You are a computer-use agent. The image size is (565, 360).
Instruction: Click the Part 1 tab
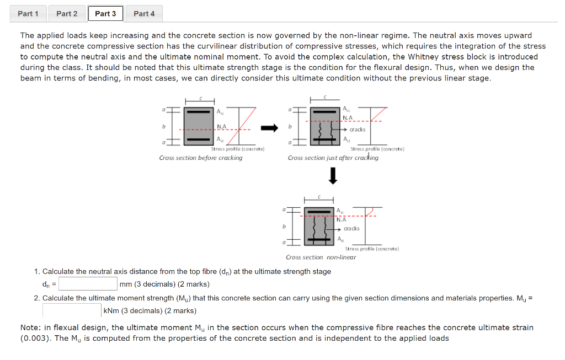click(x=28, y=13)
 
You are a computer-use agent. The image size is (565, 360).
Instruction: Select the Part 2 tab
click(x=67, y=13)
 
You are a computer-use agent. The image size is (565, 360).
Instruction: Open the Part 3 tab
click(x=105, y=13)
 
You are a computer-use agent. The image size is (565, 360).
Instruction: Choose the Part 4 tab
click(x=144, y=13)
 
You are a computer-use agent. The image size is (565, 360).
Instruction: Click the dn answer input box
click(x=88, y=284)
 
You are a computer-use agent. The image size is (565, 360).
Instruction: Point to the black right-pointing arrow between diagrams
click(x=269, y=128)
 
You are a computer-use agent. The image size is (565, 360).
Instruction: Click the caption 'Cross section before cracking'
click(x=200, y=158)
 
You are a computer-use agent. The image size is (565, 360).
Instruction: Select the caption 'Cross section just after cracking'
click(x=333, y=158)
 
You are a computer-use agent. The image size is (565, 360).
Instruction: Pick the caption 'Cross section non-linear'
click(x=321, y=257)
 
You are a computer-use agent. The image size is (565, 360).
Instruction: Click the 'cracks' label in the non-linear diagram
click(x=351, y=228)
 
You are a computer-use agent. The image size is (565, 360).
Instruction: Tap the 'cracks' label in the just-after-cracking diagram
click(x=357, y=130)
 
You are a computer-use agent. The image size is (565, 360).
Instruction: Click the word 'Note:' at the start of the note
click(x=31, y=327)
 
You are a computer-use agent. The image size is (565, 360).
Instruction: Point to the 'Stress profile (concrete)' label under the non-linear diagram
click(x=375, y=249)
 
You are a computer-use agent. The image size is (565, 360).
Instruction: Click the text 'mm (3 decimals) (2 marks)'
click(x=164, y=284)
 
